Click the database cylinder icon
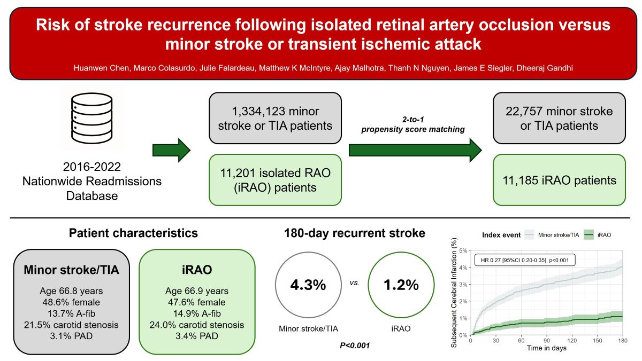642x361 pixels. point(91,118)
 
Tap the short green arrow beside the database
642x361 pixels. point(171,150)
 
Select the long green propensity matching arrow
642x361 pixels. point(415,150)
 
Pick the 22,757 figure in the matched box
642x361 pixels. point(524,111)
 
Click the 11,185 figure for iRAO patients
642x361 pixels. point(520,180)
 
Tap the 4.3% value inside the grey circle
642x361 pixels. point(308,285)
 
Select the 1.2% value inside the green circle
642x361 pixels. point(401,285)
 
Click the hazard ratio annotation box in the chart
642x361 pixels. point(525,260)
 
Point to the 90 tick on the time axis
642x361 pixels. point(547,341)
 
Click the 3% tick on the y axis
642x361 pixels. point(463,284)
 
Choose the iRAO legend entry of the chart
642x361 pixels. point(598,235)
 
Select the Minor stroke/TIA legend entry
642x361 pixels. point(552,235)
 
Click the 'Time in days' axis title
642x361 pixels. point(547,348)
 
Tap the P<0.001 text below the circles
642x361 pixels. point(355,346)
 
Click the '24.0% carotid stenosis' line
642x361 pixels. point(197,325)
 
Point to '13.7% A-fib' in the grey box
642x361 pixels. point(71,313)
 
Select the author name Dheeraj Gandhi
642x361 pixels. point(545,68)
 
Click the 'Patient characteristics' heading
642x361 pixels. point(133,233)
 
